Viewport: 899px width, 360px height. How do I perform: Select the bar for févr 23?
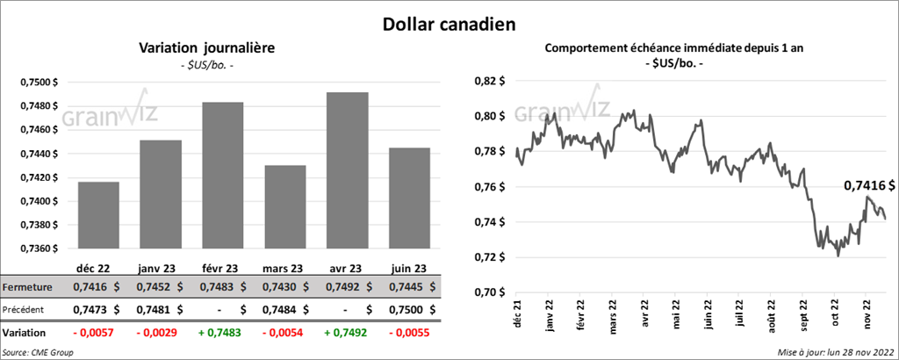pos(222,175)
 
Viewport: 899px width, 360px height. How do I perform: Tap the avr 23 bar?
pos(347,170)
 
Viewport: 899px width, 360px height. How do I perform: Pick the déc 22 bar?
pos(97,215)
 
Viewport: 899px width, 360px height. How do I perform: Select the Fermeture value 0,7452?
pos(153,287)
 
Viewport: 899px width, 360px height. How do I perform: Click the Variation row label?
pos(25,334)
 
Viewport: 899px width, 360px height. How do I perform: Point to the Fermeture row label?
pos(26,287)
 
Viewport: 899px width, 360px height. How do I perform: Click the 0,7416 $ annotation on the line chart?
pos(869,186)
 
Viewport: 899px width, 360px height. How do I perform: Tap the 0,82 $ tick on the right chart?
pos(490,81)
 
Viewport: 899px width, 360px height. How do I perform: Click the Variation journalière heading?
pos(207,49)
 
